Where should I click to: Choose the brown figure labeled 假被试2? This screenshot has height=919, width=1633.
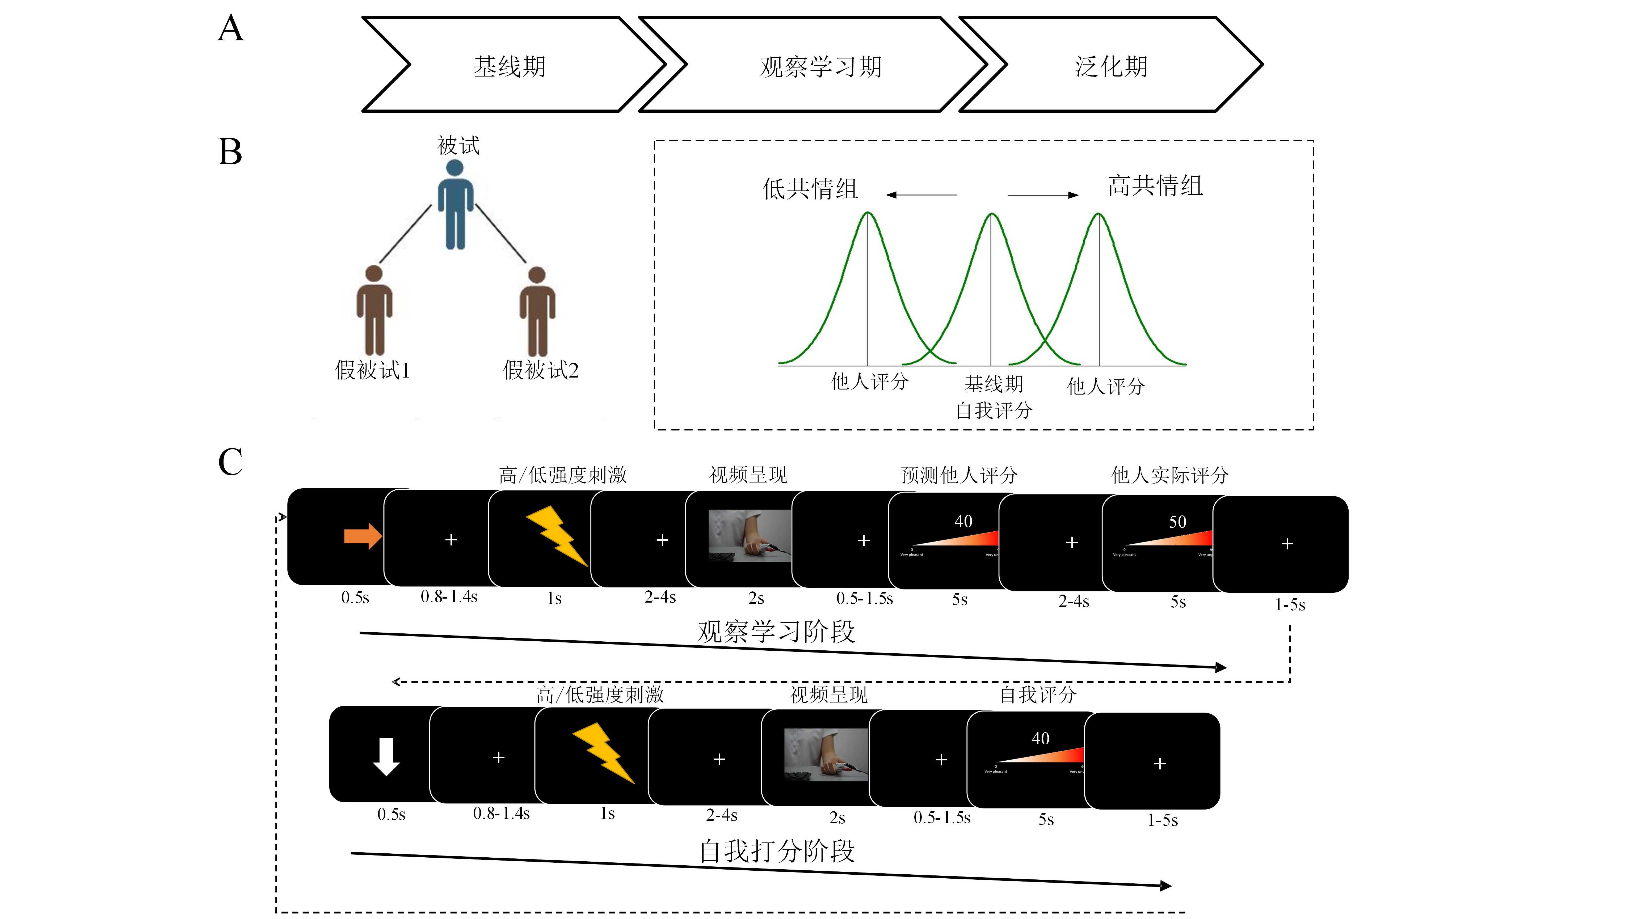pyautogui.click(x=537, y=311)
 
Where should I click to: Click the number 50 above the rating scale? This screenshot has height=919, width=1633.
pyautogui.click(x=1177, y=522)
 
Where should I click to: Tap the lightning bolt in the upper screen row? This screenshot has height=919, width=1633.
pyautogui.click(x=557, y=536)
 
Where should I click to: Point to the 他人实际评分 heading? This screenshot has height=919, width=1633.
pyautogui.click(x=1169, y=475)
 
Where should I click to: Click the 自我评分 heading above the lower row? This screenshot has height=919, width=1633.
pyautogui.click(x=1038, y=695)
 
